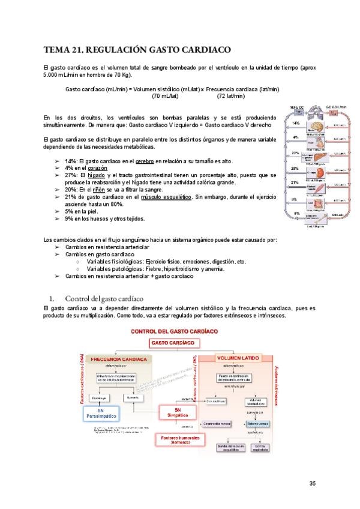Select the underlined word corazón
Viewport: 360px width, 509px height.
tap(97, 169)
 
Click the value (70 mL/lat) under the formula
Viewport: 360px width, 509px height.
tap(165, 96)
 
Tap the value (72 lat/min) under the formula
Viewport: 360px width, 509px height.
tap(230, 96)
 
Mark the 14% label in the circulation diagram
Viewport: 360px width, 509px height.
tap(296, 123)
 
